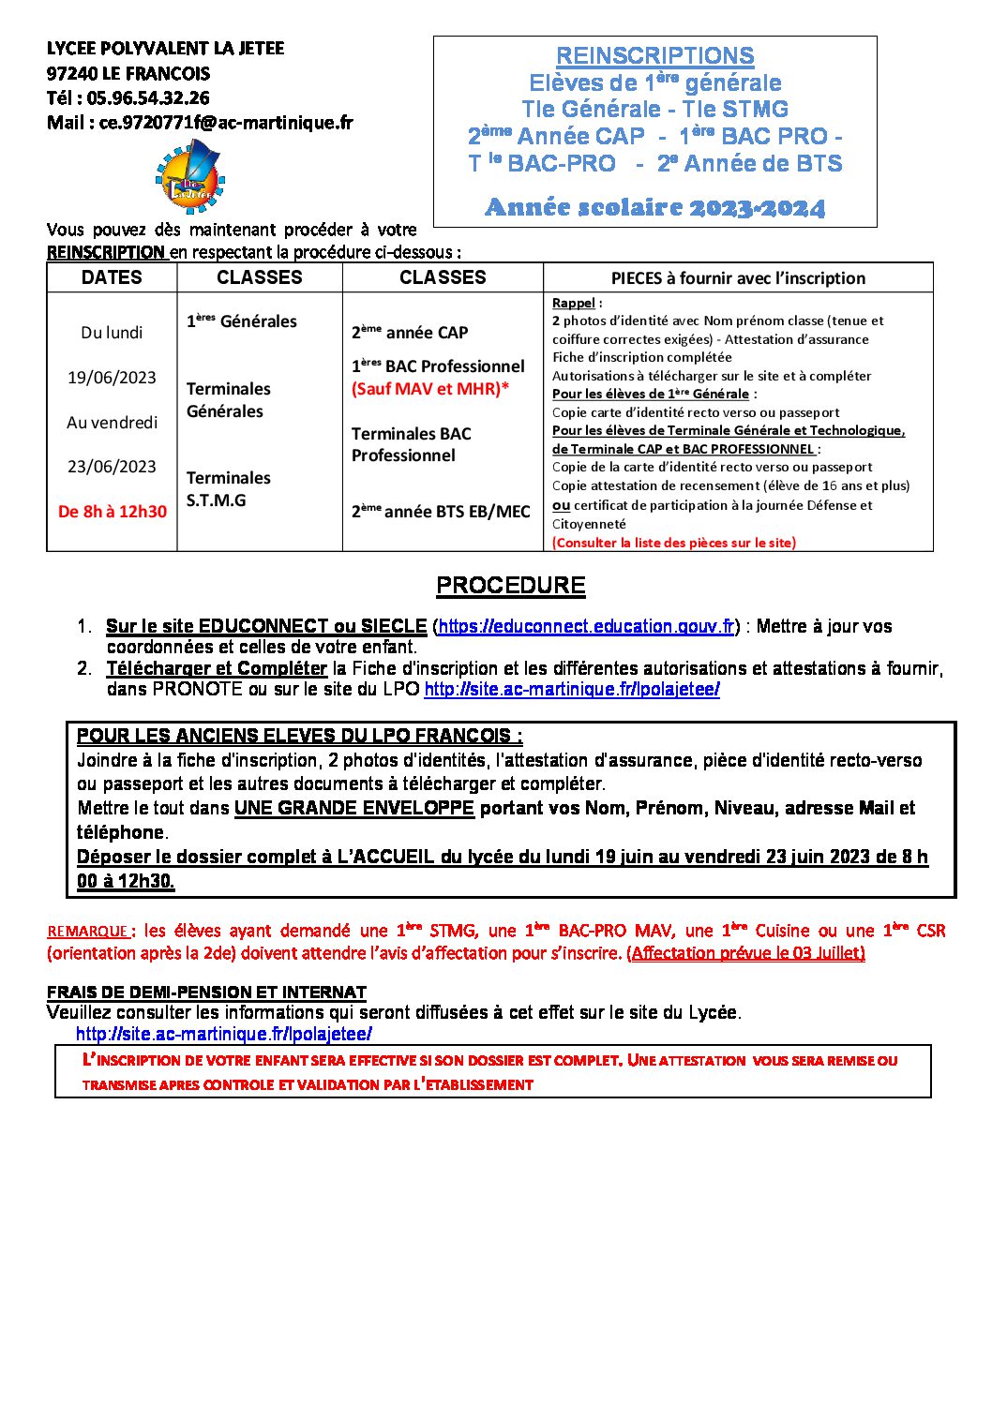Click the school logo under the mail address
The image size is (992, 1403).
pyautogui.click(x=190, y=176)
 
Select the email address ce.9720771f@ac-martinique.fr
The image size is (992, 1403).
pyautogui.click(x=226, y=122)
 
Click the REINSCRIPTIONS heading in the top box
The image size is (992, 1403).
pyautogui.click(x=654, y=56)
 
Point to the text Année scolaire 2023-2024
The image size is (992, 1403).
pyautogui.click(x=654, y=207)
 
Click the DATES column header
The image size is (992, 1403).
pyautogui.click(x=112, y=277)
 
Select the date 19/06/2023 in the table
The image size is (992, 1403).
pyautogui.click(x=112, y=377)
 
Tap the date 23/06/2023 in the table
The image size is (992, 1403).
pyautogui.click(x=112, y=466)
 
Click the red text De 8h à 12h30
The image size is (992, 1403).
pyautogui.click(x=113, y=511)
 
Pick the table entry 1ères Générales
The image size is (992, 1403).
pyautogui.click(x=241, y=321)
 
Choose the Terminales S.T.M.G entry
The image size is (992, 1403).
pyautogui.click(x=228, y=488)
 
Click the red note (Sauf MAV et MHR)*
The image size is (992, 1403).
pyautogui.click(x=430, y=388)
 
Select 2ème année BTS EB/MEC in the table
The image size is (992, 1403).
pyautogui.click(x=441, y=511)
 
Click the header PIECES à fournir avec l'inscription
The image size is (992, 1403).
pyautogui.click(x=738, y=278)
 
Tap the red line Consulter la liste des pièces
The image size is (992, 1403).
pyautogui.click(x=673, y=542)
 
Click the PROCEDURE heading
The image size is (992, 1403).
pyautogui.click(x=510, y=586)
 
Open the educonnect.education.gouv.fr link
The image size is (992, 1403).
pyautogui.click(x=586, y=626)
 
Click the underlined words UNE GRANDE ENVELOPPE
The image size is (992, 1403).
pyautogui.click(x=353, y=808)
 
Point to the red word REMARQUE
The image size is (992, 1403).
pyautogui.click(x=88, y=932)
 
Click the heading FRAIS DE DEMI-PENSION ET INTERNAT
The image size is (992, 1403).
pyautogui.click(x=206, y=992)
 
